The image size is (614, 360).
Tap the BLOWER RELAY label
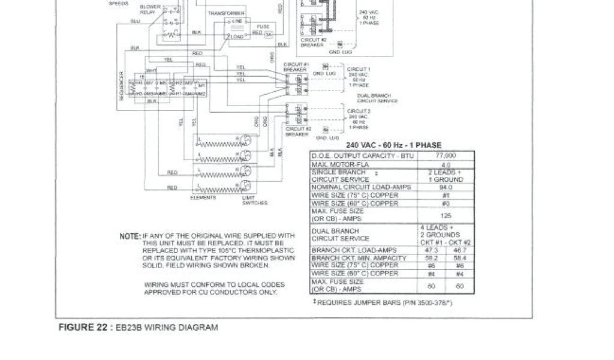148,10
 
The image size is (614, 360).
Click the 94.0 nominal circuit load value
446,187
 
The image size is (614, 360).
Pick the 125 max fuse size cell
446,215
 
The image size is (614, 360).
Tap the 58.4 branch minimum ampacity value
460,257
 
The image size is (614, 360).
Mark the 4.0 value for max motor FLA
446,164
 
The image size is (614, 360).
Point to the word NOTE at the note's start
130,236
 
